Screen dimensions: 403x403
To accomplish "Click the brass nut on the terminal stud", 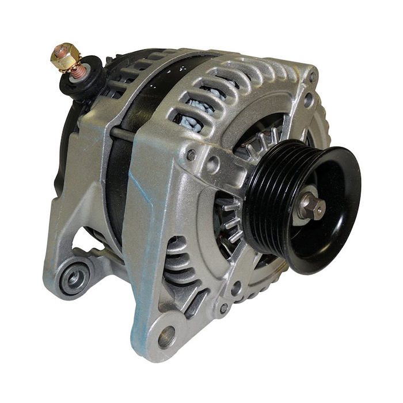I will coord(65,56).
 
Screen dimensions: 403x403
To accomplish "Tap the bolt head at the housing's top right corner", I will coord(312,76).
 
